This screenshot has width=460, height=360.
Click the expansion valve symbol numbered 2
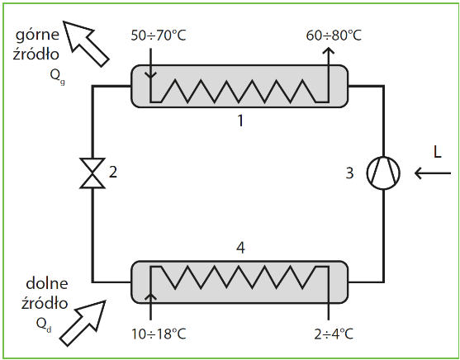click(92, 173)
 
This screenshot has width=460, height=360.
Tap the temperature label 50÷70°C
click(159, 36)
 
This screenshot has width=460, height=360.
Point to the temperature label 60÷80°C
click(334, 36)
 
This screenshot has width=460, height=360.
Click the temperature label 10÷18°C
click(159, 334)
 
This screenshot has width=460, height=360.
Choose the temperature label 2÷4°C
click(334, 334)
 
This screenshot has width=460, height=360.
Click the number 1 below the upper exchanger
click(240, 121)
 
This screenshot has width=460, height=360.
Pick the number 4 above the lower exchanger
click(240, 248)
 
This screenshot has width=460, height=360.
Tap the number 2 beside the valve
click(113, 172)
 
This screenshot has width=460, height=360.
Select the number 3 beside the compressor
click(349, 173)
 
